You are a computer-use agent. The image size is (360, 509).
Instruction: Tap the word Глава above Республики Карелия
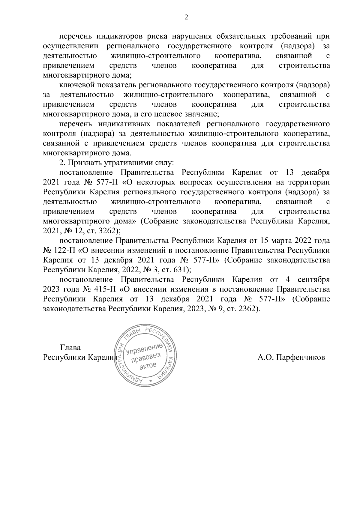(x=70, y=348)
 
